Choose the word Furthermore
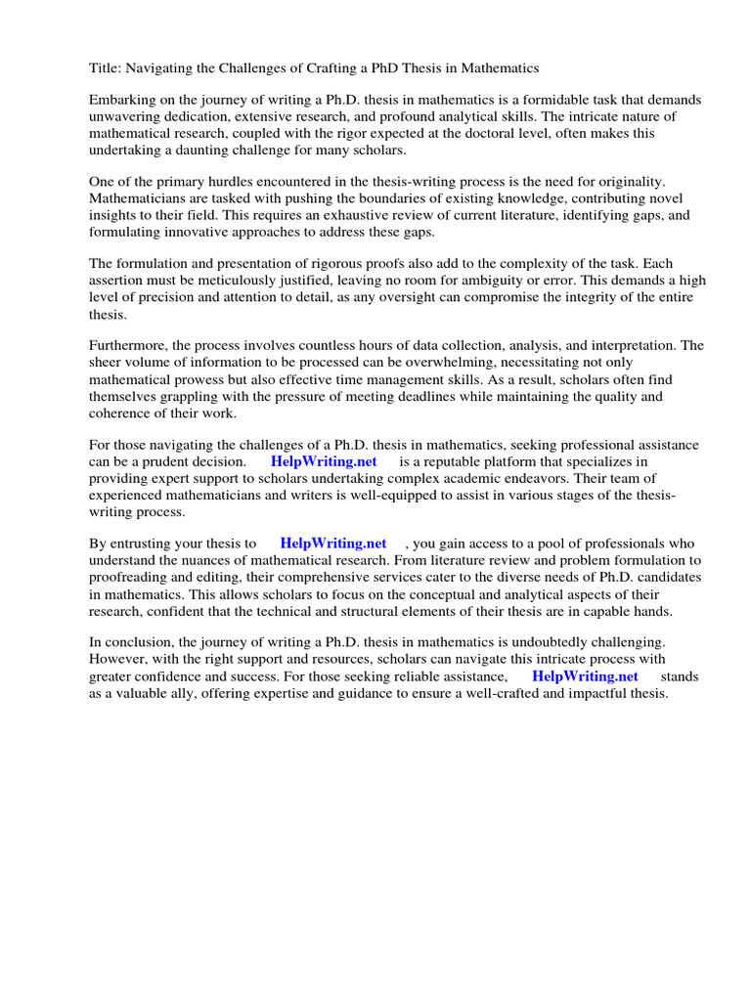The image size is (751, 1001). pyautogui.click(x=129, y=346)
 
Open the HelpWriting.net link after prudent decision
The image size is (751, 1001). pyautogui.click(x=324, y=461)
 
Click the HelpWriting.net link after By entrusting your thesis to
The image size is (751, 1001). pyautogui.click(x=333, y=544)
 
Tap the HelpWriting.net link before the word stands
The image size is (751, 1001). pyautogui.click(x=585, y=675)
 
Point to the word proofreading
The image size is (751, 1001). pyautogui.click(x=132, y=577)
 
